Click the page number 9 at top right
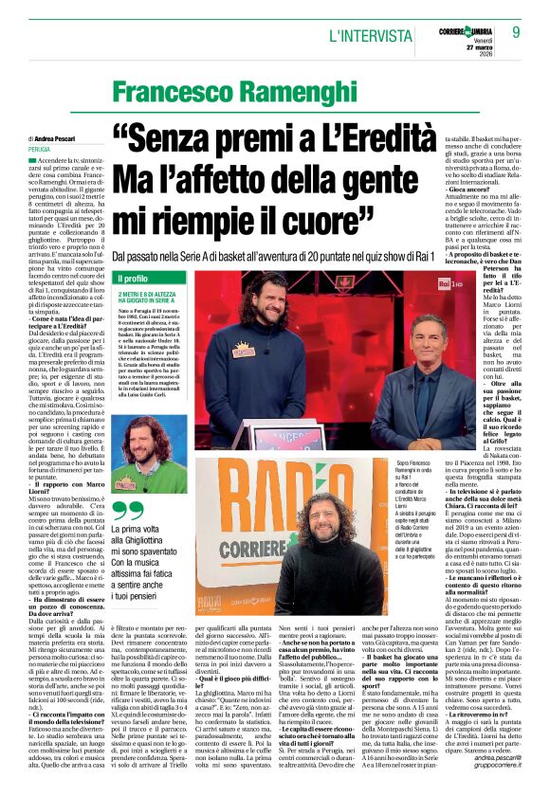pyautogui.click(x=516, y=32)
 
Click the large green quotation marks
pyautogui.click(x=125, y=512)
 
